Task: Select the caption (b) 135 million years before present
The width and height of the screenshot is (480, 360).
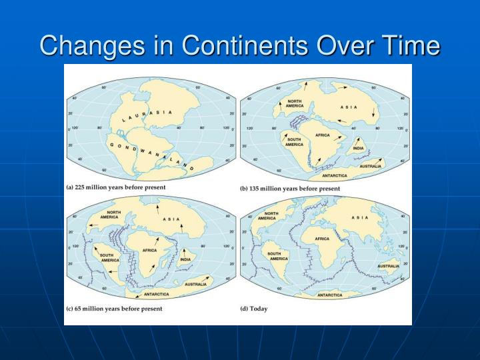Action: point(290,189)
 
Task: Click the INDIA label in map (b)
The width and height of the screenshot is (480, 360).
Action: point(358,148)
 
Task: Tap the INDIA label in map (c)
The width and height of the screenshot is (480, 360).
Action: point(185,259)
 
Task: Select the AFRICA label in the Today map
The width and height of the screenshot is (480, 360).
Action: point(322,238)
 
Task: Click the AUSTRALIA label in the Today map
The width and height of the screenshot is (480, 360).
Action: point(387,265)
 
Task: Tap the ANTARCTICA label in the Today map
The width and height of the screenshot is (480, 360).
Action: point(330,294)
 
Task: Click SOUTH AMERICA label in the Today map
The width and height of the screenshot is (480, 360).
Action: point(277,257)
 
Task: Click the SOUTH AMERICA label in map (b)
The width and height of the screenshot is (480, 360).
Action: point(294,142)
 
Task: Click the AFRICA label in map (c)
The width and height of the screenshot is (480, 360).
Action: point(149,250)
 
